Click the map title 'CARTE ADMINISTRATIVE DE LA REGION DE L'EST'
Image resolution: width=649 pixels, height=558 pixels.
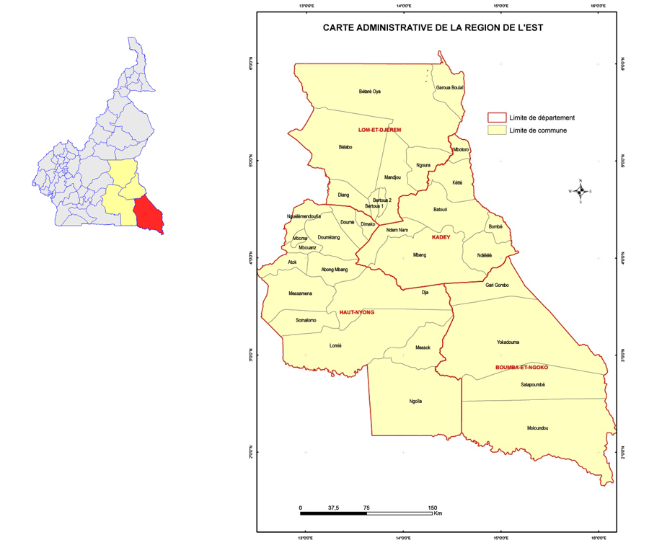tap(432, 29)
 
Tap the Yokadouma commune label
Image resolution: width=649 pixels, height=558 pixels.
tap(508, 342)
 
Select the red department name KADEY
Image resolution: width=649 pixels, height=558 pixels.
tap(441, 237)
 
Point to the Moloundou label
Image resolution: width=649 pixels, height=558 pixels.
tap(537, 428)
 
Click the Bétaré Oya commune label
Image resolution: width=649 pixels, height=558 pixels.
tap(369, 92)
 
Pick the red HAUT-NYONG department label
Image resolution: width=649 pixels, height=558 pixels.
tap(357, 312)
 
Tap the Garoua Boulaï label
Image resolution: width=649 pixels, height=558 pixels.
tap(449, 87)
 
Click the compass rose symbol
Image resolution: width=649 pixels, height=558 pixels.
tap(580, 191)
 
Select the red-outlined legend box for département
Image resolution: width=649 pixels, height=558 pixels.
tap(496, 118)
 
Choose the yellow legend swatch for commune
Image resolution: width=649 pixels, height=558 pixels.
tap(496, 130)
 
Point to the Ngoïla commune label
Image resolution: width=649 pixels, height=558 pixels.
tap(415, 402)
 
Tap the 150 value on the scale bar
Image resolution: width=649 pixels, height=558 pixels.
tap(433, 508)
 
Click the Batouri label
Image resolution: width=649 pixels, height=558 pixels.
tap(440, 210)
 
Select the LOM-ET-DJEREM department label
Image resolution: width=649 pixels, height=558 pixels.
tap(379, 130)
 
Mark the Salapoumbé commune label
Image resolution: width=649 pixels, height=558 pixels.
tap(532, 385)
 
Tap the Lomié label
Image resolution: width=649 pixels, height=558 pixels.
tap(335, 346)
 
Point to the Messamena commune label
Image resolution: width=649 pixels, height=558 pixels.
tap(300, 293)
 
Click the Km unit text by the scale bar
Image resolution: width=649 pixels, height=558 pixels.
tap(438, 514)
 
